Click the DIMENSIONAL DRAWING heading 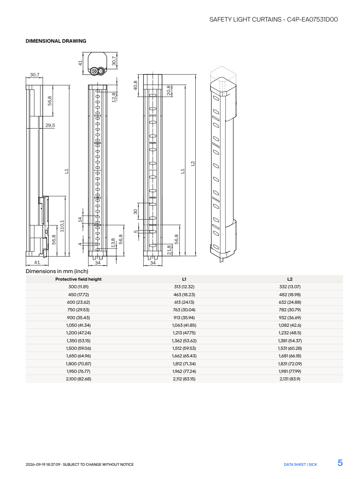click(x=56, y=41)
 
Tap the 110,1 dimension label click(x=62, y=226)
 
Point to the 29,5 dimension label click(x=50, y=125)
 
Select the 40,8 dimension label click(x=136, y=85)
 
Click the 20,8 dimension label click(x=168, y=90)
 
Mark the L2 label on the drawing click(x=193, y=164)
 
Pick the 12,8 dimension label click(x=114, y=97)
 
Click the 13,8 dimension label click(x=113, y=243)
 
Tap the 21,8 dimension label click(x=169, y=250)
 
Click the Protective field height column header click(x=78, y=279)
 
